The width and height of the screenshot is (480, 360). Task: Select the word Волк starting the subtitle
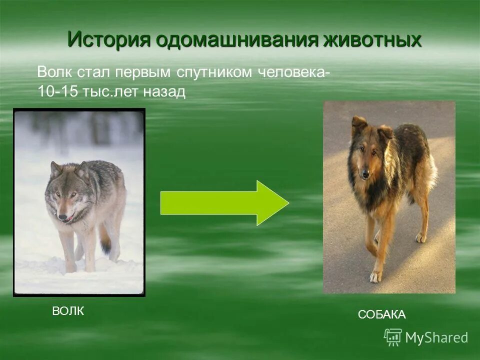point(55,72)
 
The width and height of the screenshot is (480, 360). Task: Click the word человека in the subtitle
point(292,72)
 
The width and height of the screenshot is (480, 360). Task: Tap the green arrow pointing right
point(224,203)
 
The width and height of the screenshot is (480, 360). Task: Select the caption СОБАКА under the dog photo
point(381,314)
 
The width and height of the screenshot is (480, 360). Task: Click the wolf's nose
point(61,217)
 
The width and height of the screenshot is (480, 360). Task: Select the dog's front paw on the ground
point(374,276)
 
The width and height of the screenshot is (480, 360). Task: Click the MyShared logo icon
point(392,337)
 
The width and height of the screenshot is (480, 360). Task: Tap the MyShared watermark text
point(436,338)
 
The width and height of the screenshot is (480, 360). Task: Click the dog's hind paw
point(421,238)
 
